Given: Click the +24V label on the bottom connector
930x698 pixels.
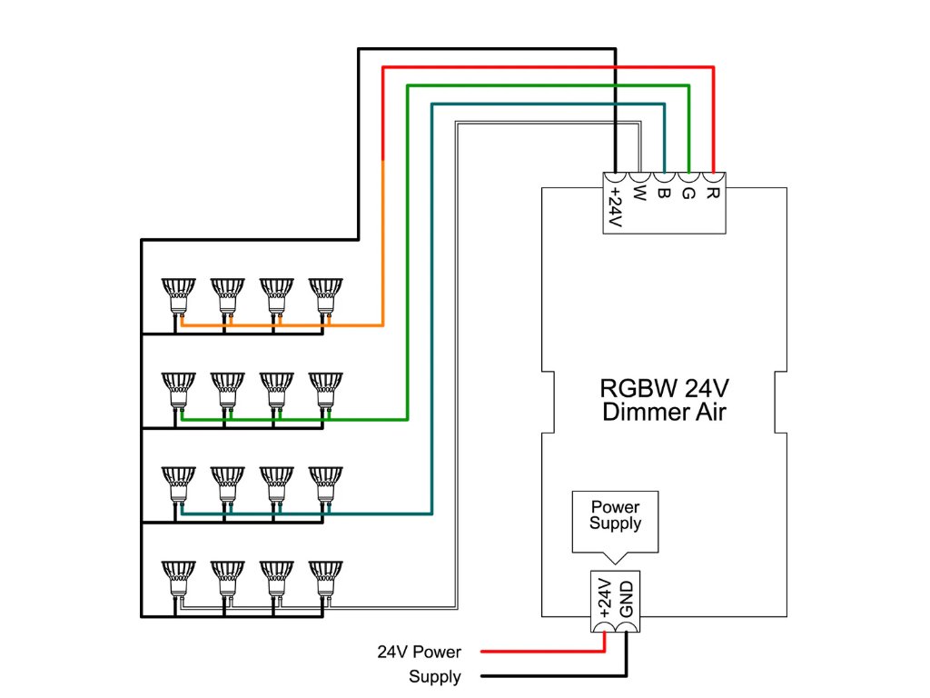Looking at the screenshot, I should point(606,598).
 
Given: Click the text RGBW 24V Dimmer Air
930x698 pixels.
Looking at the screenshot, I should point(663,400).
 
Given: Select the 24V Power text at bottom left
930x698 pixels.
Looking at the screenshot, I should point(420,652).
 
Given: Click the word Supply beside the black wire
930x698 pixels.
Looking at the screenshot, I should point(434,676).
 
